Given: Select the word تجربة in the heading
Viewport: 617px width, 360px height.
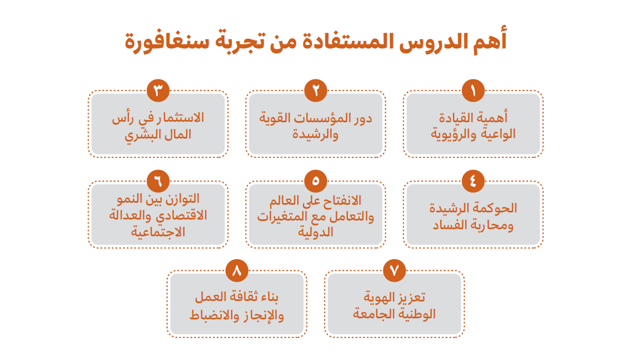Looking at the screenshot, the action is click(240, 41).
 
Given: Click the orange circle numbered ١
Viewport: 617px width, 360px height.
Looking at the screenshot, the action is click(473, 90).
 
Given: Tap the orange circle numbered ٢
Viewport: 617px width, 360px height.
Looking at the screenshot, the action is click(316, 90).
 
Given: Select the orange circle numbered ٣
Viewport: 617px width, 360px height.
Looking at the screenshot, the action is click(158, 90).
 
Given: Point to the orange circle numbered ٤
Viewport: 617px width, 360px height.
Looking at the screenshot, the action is click(473, 181).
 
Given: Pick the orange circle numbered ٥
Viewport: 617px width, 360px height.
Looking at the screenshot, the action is click(316, 181).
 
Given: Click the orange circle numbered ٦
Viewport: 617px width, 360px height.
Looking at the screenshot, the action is click(158, 181).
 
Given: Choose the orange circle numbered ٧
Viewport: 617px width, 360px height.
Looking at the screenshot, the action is click(395, 270).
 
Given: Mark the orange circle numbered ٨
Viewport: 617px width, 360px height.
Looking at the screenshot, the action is click(237, 270).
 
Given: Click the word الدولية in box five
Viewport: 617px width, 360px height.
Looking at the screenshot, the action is click(316, 232).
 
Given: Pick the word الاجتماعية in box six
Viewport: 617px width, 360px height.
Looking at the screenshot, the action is click(158, 232).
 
